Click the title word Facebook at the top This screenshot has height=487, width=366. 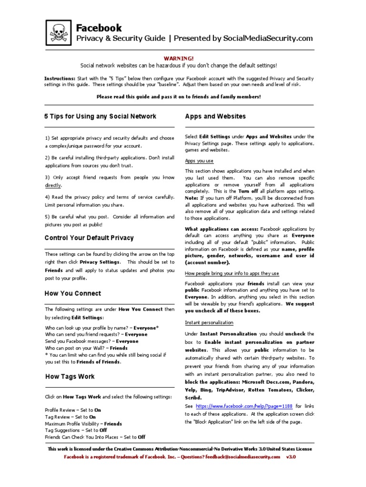[x=99, y=28]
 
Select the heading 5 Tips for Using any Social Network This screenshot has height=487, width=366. [x=101, y=117]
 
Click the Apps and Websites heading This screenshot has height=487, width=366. [x=215, y=117]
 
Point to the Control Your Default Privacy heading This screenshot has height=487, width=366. [x=89, y=238]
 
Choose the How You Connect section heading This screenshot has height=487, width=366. [x=73, y=293]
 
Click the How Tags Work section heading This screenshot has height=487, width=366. [x=70, y=377]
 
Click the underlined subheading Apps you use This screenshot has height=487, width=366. [x=199, y=161]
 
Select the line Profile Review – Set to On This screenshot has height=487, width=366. [x=73, y=410]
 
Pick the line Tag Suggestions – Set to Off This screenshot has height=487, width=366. [x=76, y=430]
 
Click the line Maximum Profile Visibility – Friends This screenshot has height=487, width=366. [x=83, y=423]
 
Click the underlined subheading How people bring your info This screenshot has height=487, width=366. [x=232, y=273]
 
